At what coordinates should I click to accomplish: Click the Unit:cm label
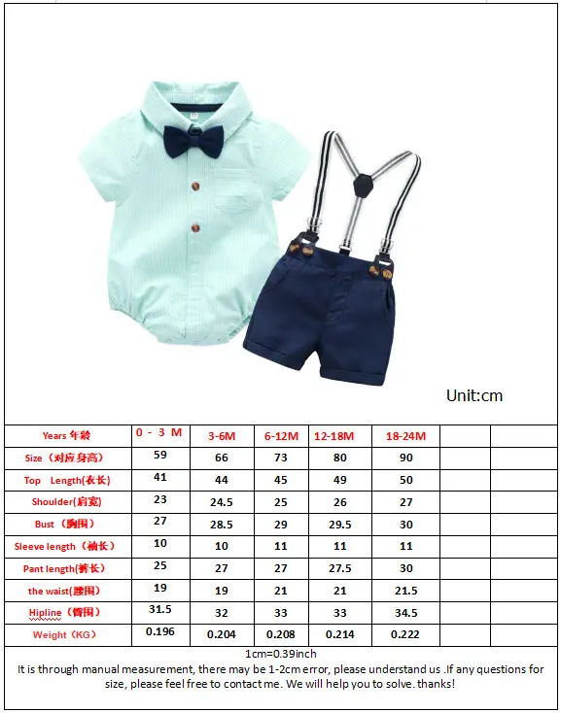tap(474, 395)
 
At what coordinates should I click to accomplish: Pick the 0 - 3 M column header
tap(159, 432)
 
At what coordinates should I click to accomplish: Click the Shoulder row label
tap(66, 502)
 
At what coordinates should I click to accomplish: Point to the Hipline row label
tap(65, 613)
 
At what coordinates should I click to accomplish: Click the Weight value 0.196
tap(160, 631)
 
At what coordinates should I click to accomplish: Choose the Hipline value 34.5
tap(405, 613)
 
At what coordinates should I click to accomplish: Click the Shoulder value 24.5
tap(221, 502)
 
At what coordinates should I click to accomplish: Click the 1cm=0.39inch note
tap(280, 654)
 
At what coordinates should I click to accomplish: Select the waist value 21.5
tap(405, 591)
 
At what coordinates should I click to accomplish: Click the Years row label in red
tap(66, 435)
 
